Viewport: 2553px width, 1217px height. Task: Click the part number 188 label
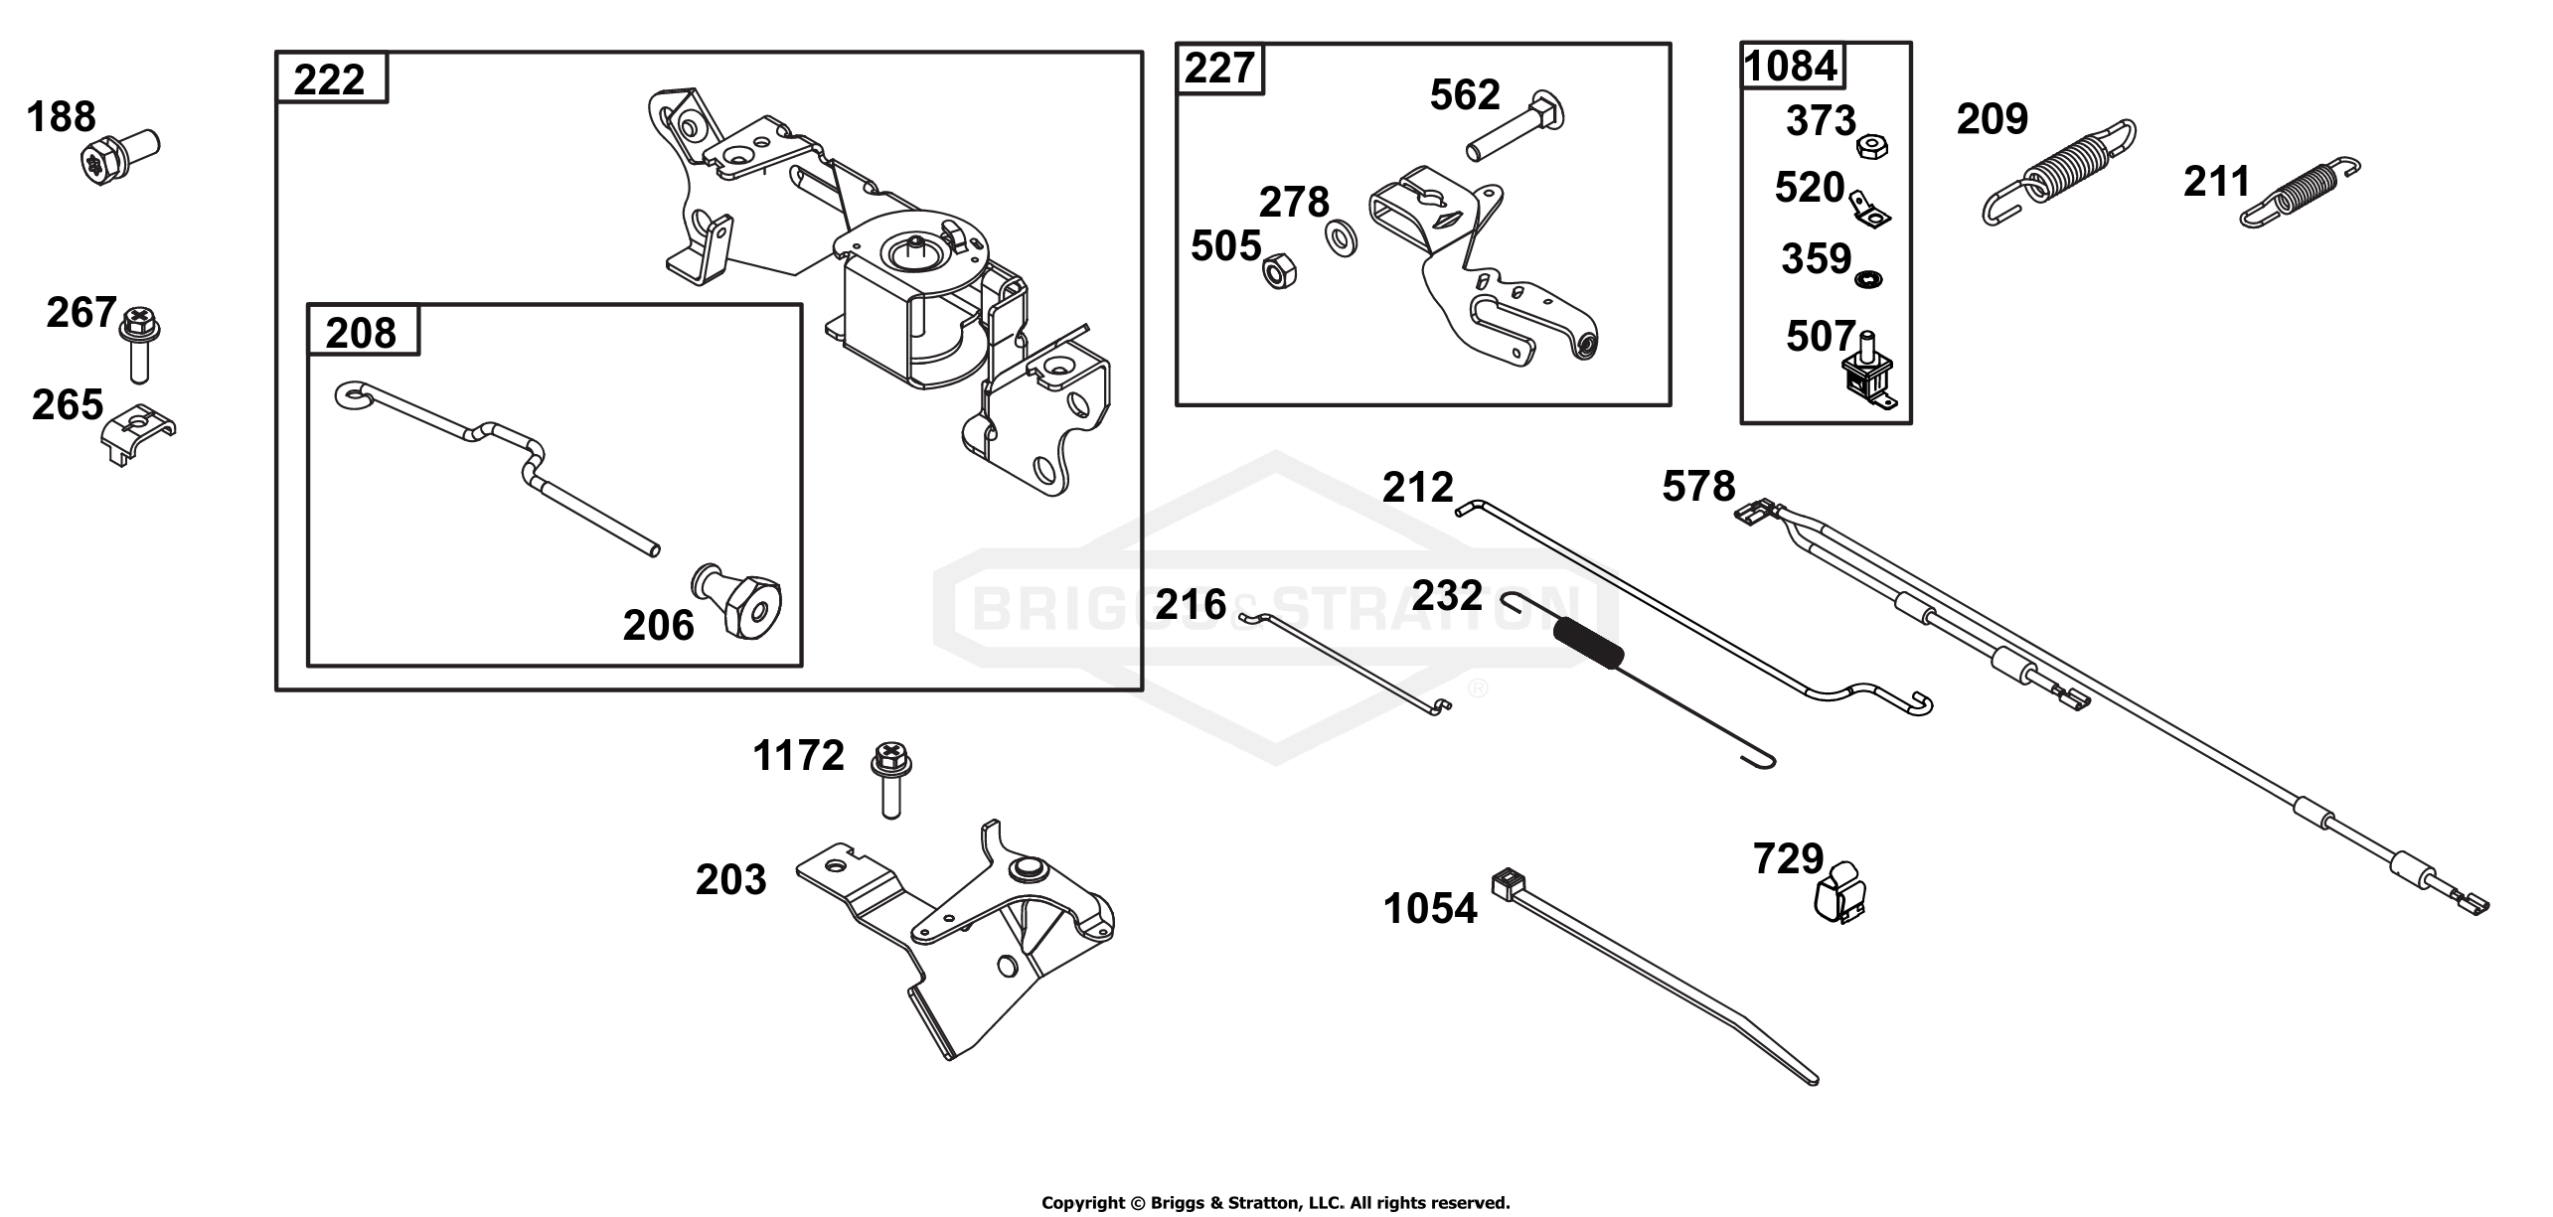(61, 117)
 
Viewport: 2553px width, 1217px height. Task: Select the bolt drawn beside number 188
(118, 156)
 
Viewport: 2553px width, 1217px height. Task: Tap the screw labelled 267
(140, 344)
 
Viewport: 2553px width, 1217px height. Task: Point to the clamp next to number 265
(139, 435)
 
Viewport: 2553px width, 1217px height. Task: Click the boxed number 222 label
(330, 79)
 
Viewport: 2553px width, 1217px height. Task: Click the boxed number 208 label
(361, 332)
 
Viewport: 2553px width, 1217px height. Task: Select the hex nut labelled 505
(1278, 268)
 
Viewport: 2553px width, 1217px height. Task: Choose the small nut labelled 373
(1873, 148)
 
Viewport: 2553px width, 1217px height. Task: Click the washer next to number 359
(1869, 280)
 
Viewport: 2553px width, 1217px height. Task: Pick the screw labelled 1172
(891, 779)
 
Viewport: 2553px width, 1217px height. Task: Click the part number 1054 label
(1430, 908)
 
